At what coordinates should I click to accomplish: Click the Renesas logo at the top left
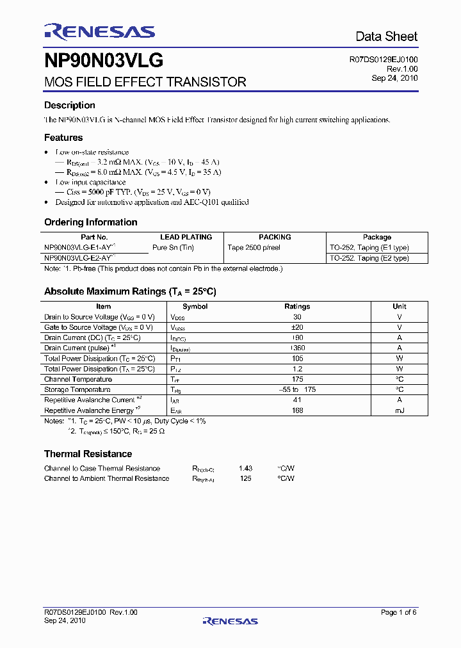click(x=99, y=31)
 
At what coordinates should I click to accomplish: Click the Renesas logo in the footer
click(x=230, y=620)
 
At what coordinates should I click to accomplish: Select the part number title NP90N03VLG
click(x=104, y=61)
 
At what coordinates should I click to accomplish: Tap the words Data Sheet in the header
click(x=386, y=36)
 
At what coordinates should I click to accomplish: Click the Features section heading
click(x=63, y=138)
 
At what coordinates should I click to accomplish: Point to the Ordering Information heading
click(x=90, y=222)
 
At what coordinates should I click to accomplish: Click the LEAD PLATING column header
click(x=186, y=237)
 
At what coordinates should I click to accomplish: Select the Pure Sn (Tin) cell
click(x=173, y=247)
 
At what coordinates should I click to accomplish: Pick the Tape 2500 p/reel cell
click(x=254, y=247)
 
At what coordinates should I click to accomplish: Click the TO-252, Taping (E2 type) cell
click(x=369, y=258)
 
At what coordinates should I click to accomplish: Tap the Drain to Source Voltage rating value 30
click(x=297, y=317)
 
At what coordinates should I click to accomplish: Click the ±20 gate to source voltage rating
click(x=297, y=327)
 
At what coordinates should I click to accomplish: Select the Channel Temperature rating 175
click(x=297, y=379)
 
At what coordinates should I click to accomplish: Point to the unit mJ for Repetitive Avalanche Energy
click(x=400, y=410)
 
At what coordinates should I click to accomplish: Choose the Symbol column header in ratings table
click(x=195, y=307)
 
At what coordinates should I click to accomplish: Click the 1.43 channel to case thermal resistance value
click(x=245, y=468)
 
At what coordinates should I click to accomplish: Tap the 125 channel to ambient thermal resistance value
click(x=245, y=478)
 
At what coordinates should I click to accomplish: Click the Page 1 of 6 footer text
click(x=399, y=612)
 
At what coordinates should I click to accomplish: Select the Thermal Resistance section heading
click(x=88, y=454)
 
